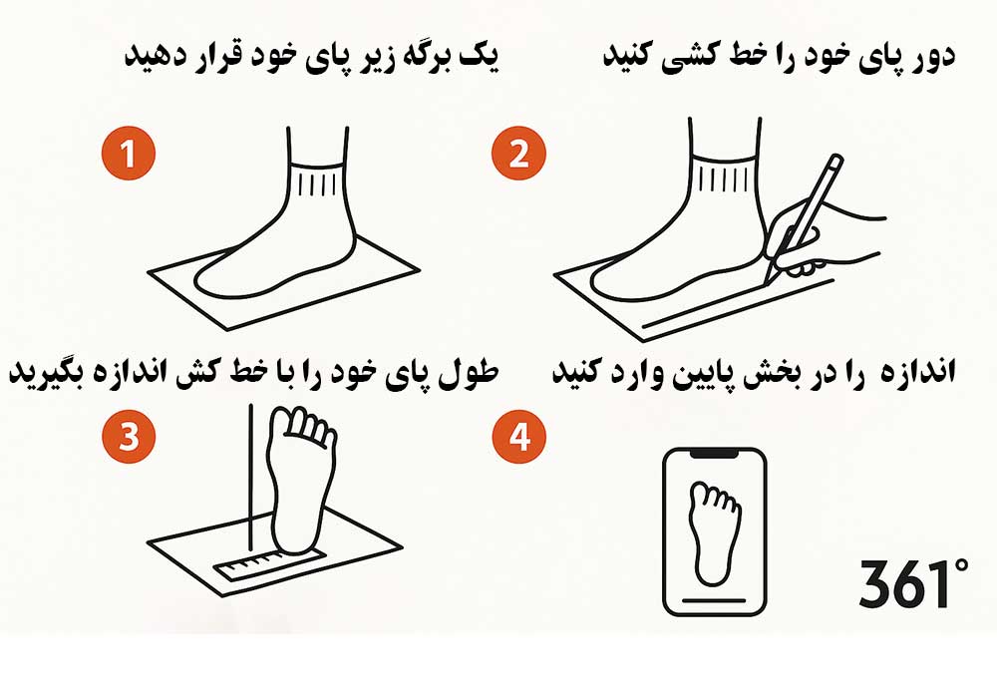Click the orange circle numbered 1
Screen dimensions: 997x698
click(129, 154)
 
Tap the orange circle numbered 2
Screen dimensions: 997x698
click(518, 154)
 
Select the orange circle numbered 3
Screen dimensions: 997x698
click(129, 436)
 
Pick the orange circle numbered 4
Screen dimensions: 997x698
click(518, 436)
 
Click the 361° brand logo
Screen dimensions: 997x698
click(913, 583)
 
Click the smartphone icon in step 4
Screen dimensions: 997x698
click(715, 531)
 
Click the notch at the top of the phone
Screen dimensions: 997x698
click(715, 454)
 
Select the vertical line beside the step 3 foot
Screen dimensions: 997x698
click(250, 477)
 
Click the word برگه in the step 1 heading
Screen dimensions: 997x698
click(415, 56)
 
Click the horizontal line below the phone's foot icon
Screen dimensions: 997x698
click(715, 600)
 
